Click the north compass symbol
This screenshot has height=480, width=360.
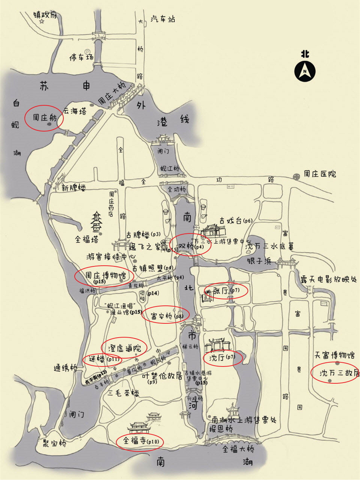(x=304, y=71)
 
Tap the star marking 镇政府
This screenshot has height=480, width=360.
(x=42, y=22)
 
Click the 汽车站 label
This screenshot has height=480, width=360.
(x=163, y=19)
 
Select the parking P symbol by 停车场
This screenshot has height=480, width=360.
(x=87, y=51)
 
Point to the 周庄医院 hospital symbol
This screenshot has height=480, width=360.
(x=297, y=175)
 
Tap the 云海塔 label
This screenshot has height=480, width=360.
(x=75, y=111)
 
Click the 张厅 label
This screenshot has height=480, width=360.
(x=220, y=290)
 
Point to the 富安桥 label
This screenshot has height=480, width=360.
(x=161, y=316)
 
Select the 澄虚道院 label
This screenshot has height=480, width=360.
(x=124, y=348)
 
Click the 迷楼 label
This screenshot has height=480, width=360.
(x=96, y=359)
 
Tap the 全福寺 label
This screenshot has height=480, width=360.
(x=134, y=441)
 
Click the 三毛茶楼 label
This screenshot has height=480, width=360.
(x=123, y=393)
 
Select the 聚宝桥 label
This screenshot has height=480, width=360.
(x=54, y=443)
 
